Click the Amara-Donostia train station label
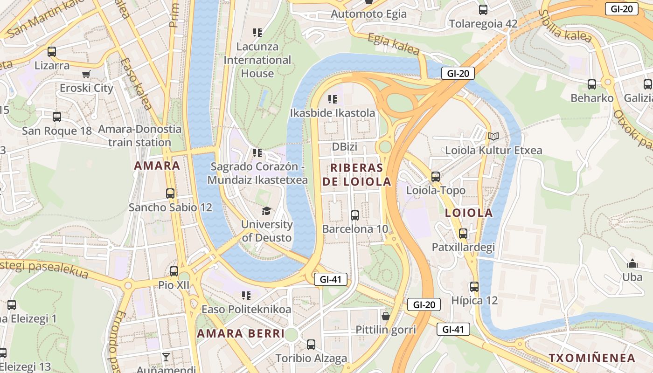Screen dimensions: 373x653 pos(139,136)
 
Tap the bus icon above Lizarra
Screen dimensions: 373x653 pos(52,52)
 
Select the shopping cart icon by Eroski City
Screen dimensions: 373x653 pos(86,75)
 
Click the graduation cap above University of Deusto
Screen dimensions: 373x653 pos(266,211)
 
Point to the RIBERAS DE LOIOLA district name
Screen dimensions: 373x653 pos(357,175)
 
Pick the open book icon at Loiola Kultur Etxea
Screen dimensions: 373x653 pos(493,137)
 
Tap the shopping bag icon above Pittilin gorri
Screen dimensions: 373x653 pos(386,316)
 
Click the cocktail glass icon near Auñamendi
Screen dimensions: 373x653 pos(166,357)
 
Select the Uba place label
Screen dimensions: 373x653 pos(632,277)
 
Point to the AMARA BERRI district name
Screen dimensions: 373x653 pos(240,333)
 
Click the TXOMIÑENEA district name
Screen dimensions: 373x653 pos(591,358)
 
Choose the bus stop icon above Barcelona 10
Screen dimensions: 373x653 pos(355,215)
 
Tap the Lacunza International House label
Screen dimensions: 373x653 pos(257,60)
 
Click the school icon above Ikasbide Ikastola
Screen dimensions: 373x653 pos(333,99)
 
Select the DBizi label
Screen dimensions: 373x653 pos(344,147)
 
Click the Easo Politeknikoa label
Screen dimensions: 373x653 pos(246,309)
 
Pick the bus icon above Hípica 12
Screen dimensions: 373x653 pos(474,287)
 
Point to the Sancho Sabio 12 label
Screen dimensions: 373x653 pos(170,207)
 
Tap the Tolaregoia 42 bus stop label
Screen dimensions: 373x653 pos(483,23)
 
